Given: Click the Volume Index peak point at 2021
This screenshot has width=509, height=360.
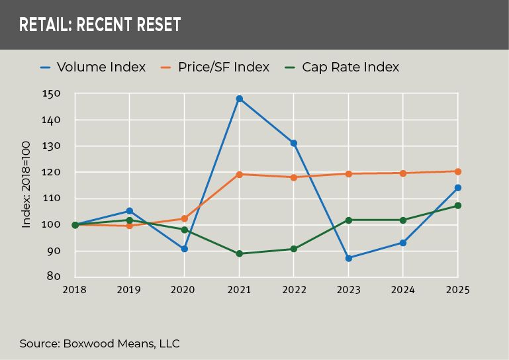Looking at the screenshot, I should (239, 99).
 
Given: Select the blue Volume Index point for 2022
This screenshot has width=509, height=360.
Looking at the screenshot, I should (293, 143).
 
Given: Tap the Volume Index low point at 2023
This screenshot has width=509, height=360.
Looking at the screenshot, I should (348, 258).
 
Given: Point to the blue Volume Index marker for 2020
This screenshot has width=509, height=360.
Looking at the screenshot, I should (184, 249).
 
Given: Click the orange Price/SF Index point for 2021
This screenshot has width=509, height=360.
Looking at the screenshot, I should (239, 175).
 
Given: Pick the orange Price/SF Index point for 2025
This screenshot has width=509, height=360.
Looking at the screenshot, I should (457, 171).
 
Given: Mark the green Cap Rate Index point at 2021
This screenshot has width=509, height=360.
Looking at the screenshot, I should (239, 253).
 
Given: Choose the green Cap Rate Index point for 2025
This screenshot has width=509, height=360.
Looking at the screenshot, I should (457, 206).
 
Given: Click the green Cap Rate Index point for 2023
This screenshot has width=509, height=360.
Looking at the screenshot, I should (348, 220).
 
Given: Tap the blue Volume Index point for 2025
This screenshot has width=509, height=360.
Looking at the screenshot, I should (457, 188).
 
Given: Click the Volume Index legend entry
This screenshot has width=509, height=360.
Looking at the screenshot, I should (93, 67).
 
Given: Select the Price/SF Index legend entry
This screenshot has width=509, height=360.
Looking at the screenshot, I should (215, 67).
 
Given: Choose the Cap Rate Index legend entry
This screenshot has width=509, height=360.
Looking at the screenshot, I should (341, 67).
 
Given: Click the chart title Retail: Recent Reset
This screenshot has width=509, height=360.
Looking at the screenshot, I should (100, 25).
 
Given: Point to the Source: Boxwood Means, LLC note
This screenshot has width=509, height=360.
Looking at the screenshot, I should (99, 343).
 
